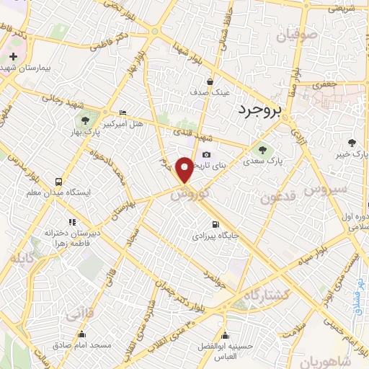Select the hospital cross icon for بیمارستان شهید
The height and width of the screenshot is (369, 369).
tap(13, 56)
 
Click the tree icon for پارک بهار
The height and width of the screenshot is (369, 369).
tap(86, 120)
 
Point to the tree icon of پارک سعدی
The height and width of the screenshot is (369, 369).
tap(262, 151)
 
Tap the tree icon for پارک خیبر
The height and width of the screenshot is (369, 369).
tap(352, 143)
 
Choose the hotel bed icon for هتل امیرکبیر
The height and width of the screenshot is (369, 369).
tap(122, 113)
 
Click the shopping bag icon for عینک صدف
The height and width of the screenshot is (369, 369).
tap(209, 81)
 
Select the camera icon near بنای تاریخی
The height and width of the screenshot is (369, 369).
tap(207, 154)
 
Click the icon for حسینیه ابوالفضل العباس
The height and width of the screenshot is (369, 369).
tap(226, 336)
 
